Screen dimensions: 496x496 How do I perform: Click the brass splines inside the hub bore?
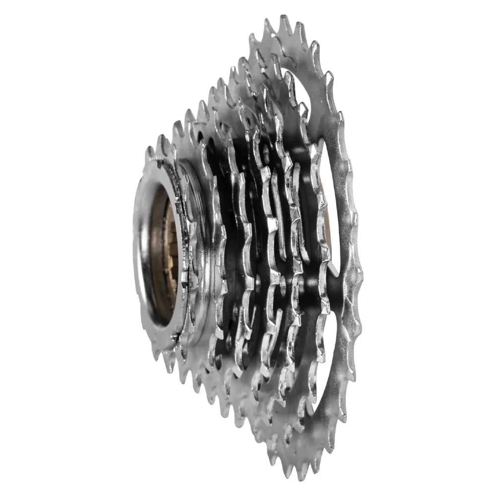click(x=169, y=248)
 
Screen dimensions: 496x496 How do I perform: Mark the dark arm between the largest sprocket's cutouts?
click(x=342, y=288)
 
